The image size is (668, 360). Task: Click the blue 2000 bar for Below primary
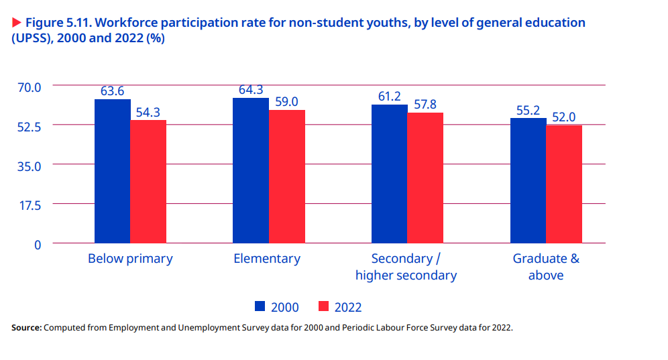click(112, 171)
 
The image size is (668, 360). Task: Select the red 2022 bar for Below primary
click(148, 181)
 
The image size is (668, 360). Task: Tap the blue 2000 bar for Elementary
click(251, 170)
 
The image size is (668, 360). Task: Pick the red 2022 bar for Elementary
click(287, 176)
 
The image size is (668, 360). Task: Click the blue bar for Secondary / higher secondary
click(390, 174)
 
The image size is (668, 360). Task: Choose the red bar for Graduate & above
click(564, 184)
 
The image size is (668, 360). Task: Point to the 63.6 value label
click(113, 91)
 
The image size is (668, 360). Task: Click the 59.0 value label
click(286, 102)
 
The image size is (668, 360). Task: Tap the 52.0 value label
click(564, 117)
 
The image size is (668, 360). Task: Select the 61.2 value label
click(390, 97)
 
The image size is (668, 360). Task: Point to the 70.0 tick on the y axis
click(30, 86)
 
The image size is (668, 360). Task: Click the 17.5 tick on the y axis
click(30, 204)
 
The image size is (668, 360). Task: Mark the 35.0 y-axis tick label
click(30, 166)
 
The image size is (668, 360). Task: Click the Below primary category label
click(130, 259)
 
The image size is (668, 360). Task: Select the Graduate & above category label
click(546, 267)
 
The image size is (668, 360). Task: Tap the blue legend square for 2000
click(261, 306)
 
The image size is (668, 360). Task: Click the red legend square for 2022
click(324, 306)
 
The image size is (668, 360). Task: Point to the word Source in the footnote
click(25, 328)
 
